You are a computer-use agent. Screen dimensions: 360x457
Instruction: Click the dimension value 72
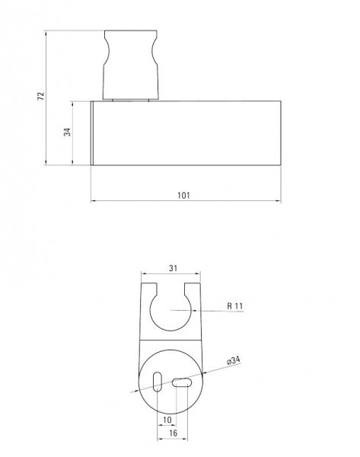point(41,96)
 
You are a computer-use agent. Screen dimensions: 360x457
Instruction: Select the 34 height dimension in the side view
point(67,132)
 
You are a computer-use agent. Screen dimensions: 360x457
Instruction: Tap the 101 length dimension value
point(183,195)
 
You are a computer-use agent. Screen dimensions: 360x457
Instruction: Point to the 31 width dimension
point(173,268)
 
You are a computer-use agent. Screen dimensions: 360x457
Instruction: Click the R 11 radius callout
point(234,305)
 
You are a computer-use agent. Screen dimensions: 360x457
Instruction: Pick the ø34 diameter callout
point(234,360)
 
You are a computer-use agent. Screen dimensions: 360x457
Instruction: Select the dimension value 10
point(167,420)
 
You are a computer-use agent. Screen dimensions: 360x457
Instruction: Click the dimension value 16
point(173,433)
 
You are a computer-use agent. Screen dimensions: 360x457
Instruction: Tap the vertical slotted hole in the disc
point(158,382)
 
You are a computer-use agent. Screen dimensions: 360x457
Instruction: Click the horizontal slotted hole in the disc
point(182,382)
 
